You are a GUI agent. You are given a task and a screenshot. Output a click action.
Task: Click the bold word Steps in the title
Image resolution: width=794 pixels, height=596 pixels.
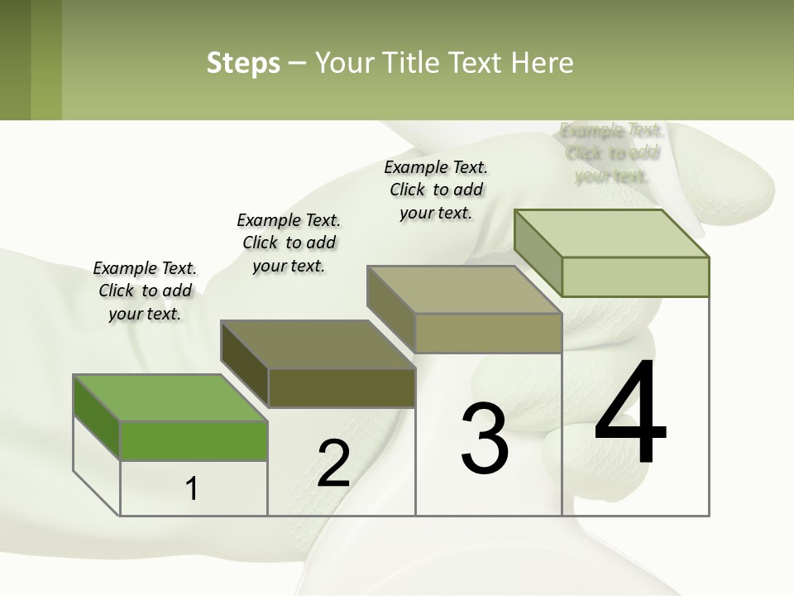click(243, 64)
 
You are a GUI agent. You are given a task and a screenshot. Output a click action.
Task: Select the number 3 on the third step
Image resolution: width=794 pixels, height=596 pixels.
click(484, 439)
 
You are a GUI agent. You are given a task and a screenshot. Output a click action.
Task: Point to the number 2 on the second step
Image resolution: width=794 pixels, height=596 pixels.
click(333, 464)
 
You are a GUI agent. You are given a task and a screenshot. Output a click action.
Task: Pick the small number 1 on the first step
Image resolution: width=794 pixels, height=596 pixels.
click(192, 488)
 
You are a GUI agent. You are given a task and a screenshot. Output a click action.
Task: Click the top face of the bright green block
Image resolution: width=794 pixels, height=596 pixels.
click(170, 397)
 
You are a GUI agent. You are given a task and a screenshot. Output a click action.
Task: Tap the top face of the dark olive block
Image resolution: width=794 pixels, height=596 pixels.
click(318, 344)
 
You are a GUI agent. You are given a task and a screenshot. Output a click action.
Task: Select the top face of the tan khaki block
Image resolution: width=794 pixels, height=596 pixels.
click(465, 290)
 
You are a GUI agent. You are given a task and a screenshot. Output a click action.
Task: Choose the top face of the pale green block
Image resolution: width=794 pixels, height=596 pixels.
click(612, 233)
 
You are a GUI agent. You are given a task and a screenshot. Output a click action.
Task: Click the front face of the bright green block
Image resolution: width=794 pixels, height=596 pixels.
click(194, 440)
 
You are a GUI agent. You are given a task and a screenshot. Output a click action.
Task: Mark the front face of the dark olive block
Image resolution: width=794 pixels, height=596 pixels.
click(342, 387)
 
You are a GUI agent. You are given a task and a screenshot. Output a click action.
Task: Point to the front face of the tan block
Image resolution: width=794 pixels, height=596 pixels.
click(488, 333)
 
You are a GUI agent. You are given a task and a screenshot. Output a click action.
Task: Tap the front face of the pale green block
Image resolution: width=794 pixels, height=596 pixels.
click(635, 276)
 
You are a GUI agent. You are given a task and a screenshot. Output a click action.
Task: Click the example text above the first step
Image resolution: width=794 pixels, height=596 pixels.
click(145, 291)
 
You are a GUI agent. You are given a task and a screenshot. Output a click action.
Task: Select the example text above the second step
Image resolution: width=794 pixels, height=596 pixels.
click(289, 243)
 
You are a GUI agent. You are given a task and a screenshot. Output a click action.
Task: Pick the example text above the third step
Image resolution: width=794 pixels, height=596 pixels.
click(436, 190)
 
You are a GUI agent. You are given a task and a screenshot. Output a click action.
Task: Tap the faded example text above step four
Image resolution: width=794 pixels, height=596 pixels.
click(611, 153)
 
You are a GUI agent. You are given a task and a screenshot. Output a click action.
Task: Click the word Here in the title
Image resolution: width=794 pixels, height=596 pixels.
click(543, 64)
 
